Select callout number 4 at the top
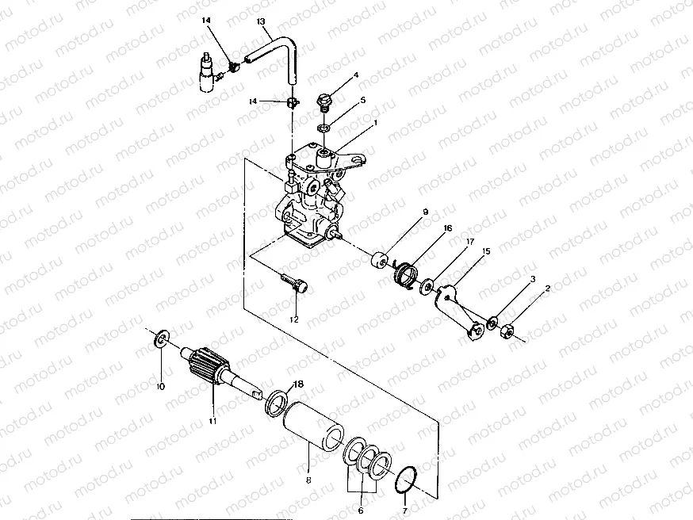tap(356, 75)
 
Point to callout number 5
tap(362, 101)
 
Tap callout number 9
tap(425, 212)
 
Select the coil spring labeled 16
tap(407, 274)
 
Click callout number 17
tap(470, 241)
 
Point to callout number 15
tap(486, 251)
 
